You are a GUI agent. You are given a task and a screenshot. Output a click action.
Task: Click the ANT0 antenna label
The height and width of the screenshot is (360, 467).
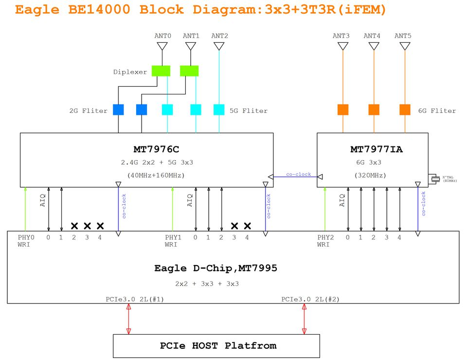(x=162, y=36)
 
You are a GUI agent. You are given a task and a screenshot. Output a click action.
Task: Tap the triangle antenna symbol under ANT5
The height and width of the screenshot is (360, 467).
(x=405, y=46)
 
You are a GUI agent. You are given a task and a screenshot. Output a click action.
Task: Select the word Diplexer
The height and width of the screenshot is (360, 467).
(x=130, y=72)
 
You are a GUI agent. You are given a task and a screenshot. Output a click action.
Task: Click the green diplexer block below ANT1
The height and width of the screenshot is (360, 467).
(x=189, y=71)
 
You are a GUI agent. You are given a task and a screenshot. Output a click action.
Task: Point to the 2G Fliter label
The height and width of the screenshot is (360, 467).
(x=88, y=111)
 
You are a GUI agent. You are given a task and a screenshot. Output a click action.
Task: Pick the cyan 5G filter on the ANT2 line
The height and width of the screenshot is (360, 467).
(x=219, y=109)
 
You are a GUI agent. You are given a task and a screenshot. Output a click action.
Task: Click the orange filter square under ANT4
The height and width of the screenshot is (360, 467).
(x=374, y=109)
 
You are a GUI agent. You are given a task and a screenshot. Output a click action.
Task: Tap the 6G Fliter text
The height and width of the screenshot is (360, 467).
(x=437, y=111)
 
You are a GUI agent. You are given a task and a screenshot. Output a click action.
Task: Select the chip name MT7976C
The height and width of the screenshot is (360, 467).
(x=153, y=149)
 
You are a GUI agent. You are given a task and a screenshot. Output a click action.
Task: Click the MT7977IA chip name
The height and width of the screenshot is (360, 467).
(x=376, y=149)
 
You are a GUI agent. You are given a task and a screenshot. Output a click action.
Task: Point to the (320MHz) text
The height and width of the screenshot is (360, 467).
(x=370, y=175)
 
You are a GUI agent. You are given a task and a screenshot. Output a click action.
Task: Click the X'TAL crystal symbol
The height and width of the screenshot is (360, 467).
(x=434, y=179)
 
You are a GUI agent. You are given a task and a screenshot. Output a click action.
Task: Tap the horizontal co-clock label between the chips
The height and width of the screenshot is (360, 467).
(x=298, y=174)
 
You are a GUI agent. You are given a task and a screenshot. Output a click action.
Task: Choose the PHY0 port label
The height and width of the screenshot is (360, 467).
(x=26, y=237)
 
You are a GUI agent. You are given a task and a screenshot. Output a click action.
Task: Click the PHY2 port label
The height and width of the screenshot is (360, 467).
(x=325, y=237)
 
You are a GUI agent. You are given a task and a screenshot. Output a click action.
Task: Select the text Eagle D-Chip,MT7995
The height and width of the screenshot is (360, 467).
(x=216, y=268)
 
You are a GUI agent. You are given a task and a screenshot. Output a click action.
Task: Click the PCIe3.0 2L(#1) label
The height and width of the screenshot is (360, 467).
(x=135, y=299)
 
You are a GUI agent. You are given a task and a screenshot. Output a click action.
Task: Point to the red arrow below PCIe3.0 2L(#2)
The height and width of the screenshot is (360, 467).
(x=305, y=319)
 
